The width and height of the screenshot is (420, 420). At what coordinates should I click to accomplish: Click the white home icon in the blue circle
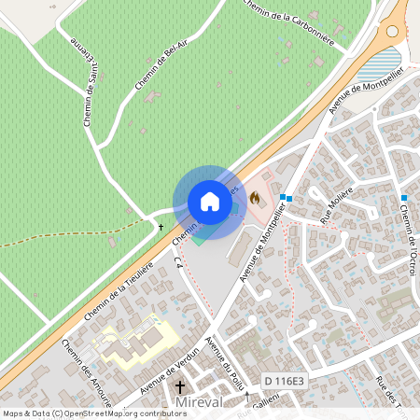coord(210,202)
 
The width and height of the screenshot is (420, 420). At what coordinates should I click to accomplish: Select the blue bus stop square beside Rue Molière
coord(288,198)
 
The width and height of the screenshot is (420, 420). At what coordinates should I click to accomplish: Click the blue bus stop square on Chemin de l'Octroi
coord(404,198)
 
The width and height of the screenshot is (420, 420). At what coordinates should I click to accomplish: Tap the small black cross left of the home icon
coord(161,227)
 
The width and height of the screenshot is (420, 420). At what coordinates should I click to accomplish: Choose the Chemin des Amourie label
coord(85,371)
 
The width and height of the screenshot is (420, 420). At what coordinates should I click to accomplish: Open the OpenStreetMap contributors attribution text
coord(93,413)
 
